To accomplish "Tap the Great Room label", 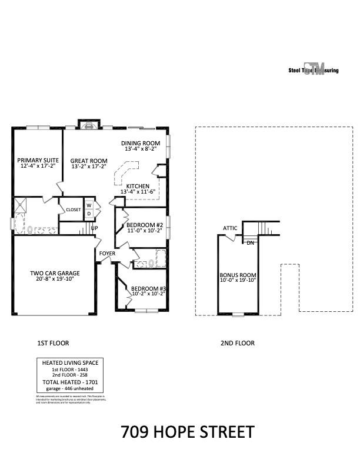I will (x=89, y=161).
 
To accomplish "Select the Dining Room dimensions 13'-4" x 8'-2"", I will (x=140, y=149).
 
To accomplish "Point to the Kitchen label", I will (x=138, y=186).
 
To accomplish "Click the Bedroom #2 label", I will (x=144, y=225).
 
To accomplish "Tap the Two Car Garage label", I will (x=55, y=273).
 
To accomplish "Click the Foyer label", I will (x=107, y=254).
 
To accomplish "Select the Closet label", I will (x=73, y=209).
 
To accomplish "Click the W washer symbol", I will (x=89, y=205).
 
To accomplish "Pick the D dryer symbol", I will (x=89, y=214).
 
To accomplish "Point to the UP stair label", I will (x=94, y=228).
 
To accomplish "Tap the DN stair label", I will (x=251, y=242).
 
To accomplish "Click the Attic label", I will (x=230, y=228).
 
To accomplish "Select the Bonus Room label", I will (x=238, y=275).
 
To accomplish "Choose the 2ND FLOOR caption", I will (x=238, y=343).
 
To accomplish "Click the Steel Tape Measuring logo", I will (x=313, y=69).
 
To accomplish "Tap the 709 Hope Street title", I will (x=188, y=432).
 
